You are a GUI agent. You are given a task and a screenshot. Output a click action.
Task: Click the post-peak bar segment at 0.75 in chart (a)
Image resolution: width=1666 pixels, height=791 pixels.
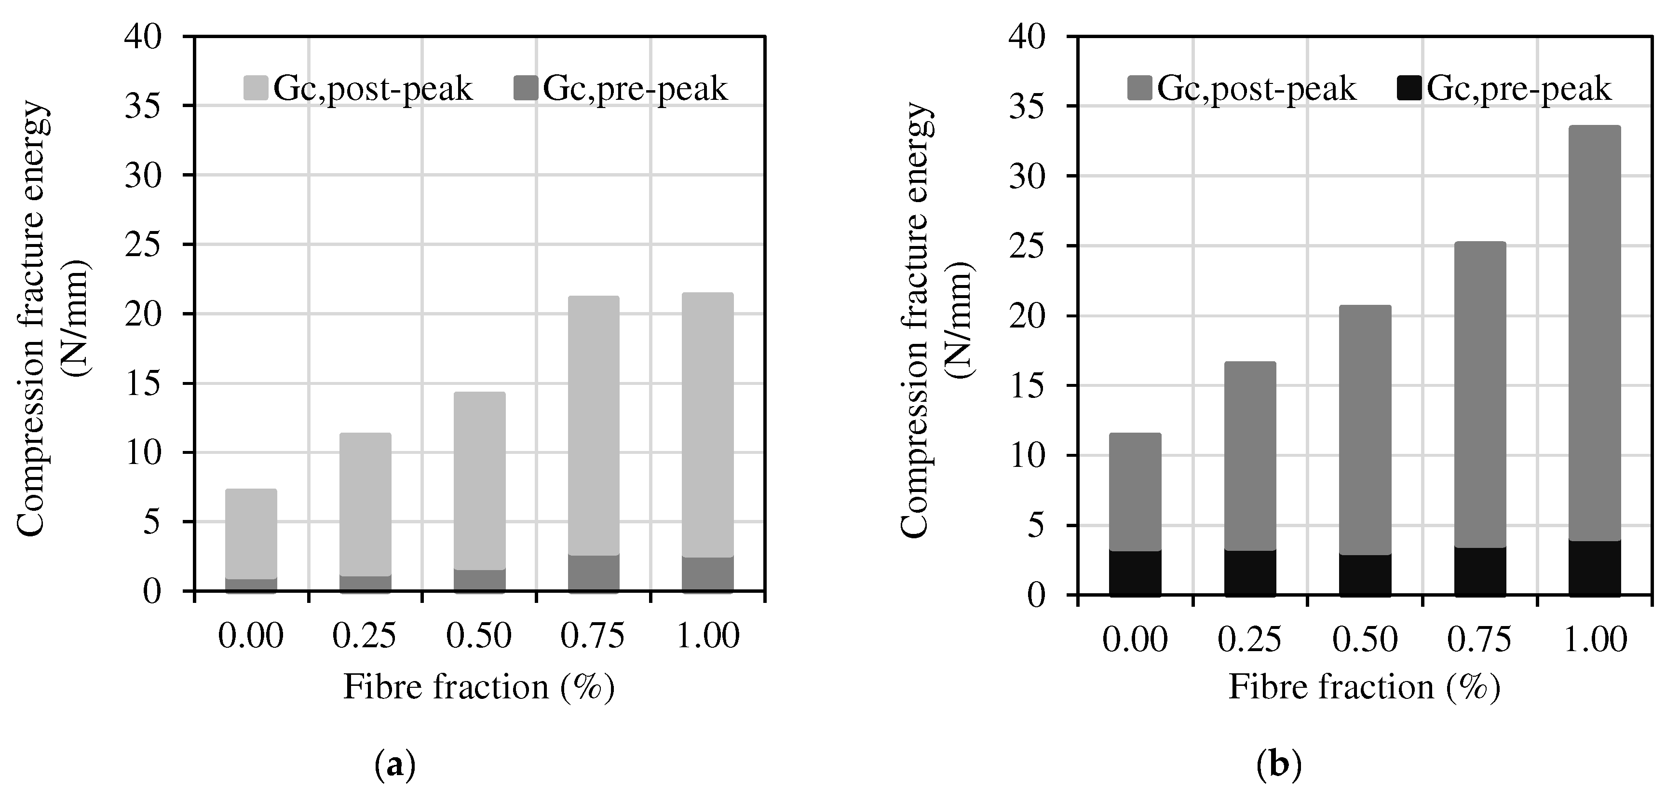(x=594, y=425)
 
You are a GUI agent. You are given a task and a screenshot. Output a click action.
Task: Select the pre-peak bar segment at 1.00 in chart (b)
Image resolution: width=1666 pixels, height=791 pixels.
(x=1594, y=567)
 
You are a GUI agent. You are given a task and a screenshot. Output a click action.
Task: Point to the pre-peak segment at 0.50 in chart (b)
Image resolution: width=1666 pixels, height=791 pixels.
(x=1365, y=574)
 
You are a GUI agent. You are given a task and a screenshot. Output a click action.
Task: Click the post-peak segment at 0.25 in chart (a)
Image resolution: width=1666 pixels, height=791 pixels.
(x=366, y=505)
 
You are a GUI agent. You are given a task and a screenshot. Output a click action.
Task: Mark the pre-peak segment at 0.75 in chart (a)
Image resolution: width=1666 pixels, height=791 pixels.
(x=594, y=573)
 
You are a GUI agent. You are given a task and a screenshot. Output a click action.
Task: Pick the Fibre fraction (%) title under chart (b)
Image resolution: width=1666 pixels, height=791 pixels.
(x=1364, y=687)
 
